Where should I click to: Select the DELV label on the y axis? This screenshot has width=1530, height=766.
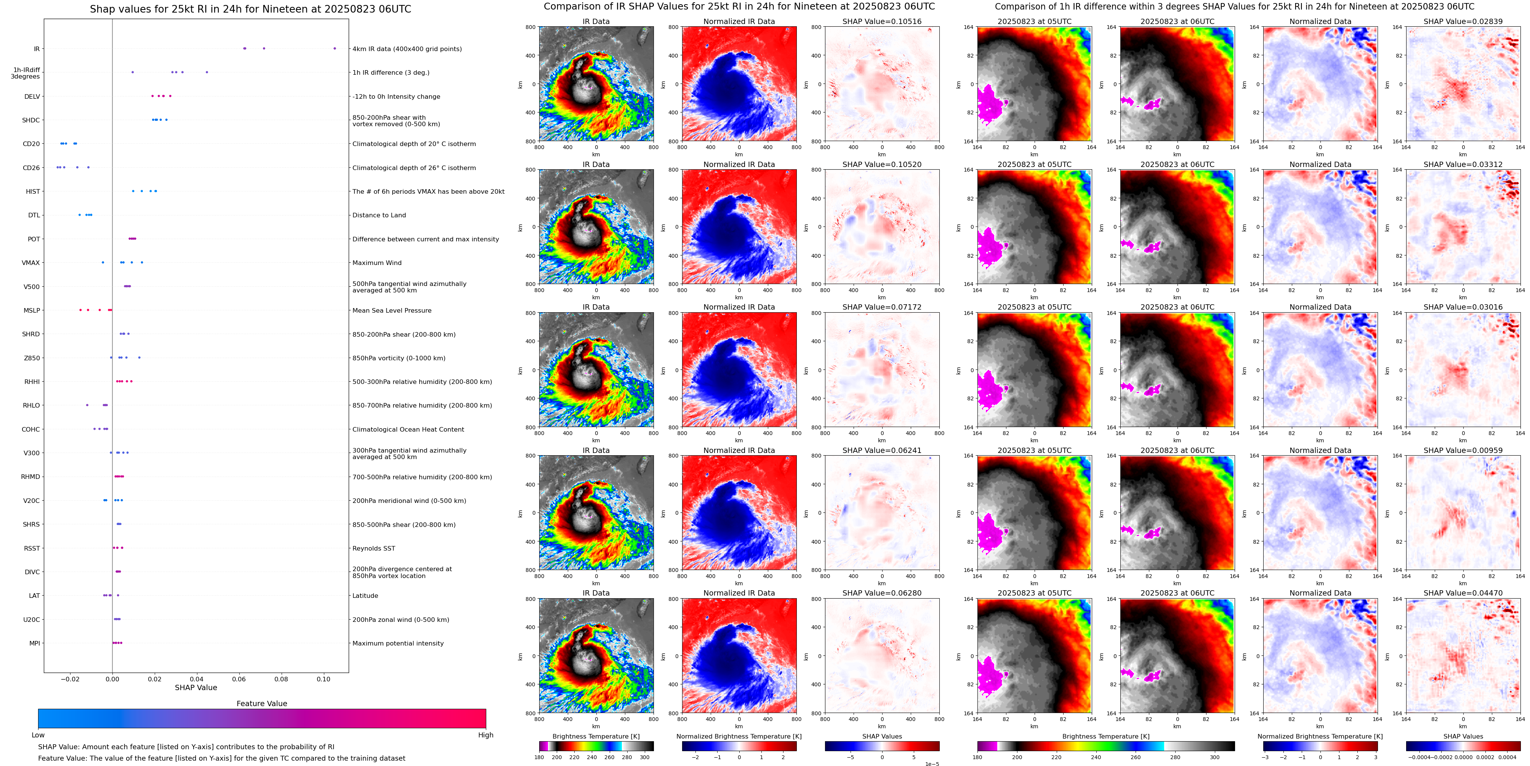click(x=32, y=96)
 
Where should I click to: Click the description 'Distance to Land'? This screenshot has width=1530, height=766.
click(x=379, y=215)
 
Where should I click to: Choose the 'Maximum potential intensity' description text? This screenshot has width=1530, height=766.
click(x=398, y=643)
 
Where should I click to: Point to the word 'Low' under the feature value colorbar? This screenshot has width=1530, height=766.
click(x=38, y=735)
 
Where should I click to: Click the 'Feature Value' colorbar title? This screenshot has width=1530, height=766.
click(x=261, y=703)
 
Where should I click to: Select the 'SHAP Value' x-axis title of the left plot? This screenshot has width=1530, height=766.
click(x=196, y=687)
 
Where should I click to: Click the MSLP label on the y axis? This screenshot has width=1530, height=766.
click(x=32, y=310)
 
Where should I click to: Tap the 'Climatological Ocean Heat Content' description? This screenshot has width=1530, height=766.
click(x=408, y=429)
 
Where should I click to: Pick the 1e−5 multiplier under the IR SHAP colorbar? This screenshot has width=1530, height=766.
click(x=931, y=764)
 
